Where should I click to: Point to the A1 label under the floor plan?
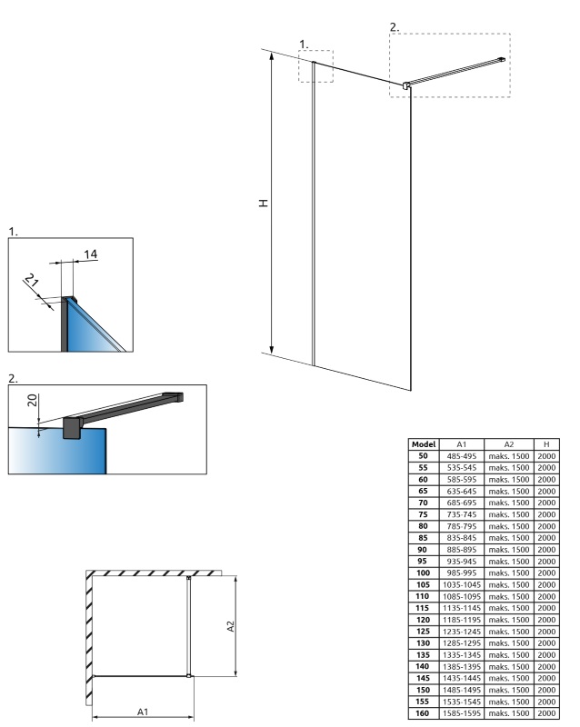143,712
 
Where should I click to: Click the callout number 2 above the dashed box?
395,27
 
